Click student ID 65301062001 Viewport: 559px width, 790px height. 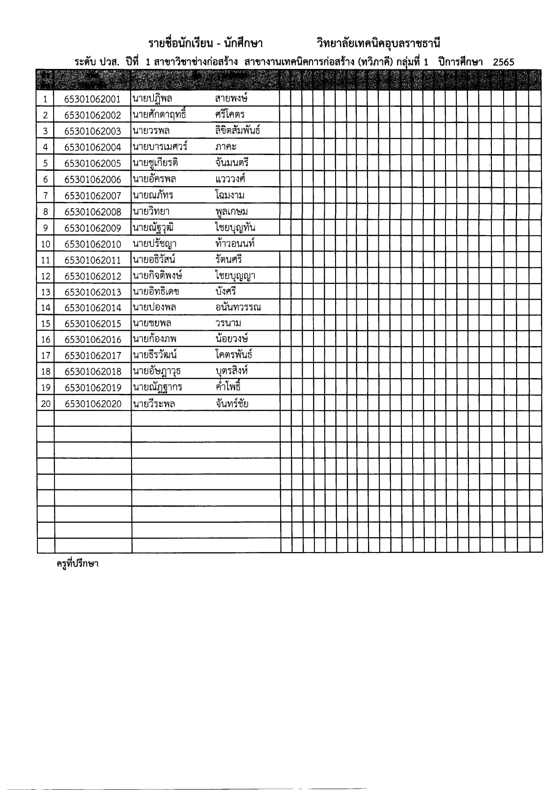93,99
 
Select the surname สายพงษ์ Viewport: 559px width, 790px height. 232,98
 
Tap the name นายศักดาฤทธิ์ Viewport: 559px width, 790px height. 159,114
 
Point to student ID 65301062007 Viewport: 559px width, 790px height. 93,196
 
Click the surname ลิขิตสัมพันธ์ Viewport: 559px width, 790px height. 237,131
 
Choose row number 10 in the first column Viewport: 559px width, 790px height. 45,244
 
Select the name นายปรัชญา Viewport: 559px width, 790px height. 155,244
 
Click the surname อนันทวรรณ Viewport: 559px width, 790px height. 238,307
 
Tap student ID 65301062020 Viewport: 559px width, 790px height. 93,404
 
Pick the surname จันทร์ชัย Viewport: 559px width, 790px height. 232,403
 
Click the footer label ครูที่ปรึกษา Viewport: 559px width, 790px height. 77,564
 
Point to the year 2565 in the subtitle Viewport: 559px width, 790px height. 503,63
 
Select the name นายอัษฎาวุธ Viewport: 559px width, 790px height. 157,371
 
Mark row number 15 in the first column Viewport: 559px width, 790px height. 45,324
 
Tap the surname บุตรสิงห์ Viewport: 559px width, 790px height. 232,371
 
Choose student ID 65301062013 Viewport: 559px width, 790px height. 93,292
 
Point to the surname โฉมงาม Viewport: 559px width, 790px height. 230,195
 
